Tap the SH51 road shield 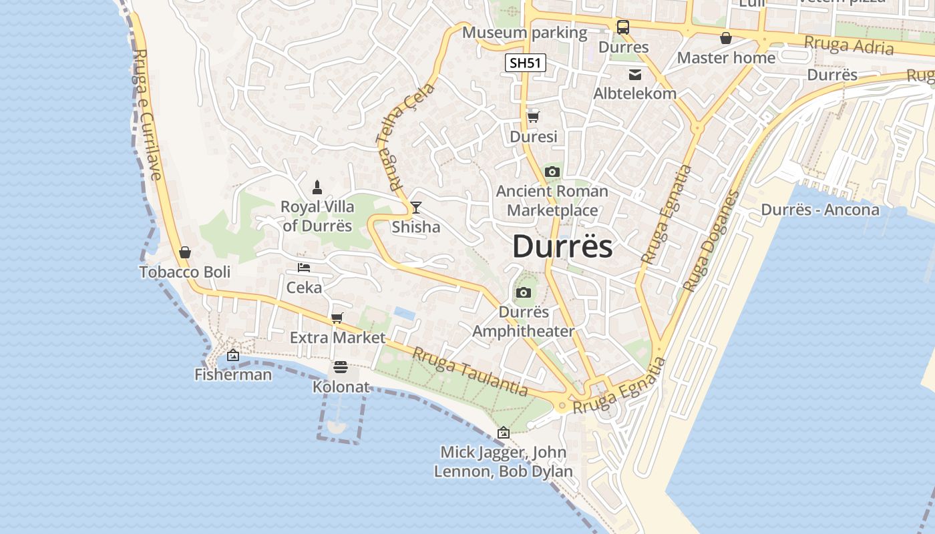525,63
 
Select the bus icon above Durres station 622,27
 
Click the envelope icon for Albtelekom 634,74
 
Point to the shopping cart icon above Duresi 533,117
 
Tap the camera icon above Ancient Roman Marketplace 552,172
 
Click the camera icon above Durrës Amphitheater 524,292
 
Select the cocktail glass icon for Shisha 415,208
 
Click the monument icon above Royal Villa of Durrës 317,188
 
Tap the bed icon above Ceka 304,268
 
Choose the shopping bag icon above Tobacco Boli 185,252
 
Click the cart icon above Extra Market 337,318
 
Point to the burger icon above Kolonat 341,367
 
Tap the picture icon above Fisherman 233,355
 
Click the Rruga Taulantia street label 470,372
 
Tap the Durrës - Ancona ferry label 820,210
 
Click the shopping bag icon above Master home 726,38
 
